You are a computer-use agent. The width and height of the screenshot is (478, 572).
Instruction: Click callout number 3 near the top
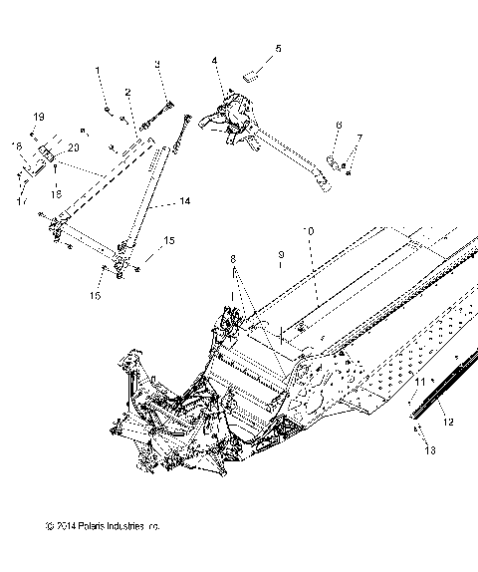point(157,65)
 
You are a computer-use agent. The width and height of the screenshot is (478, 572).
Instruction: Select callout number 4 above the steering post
point(214,62)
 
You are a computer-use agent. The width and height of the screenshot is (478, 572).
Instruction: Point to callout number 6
point(338,126)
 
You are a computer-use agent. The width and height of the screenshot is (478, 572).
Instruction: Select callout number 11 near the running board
point(420,382)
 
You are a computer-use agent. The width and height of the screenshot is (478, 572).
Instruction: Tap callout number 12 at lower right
point(448,422)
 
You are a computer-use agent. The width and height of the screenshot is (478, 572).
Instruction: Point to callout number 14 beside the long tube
point(184,202)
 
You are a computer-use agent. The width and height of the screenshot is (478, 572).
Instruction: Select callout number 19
point(39,117)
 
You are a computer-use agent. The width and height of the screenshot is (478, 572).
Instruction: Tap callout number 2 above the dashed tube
point(128,92)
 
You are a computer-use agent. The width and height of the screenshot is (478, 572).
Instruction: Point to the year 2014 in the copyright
point(67,554)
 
